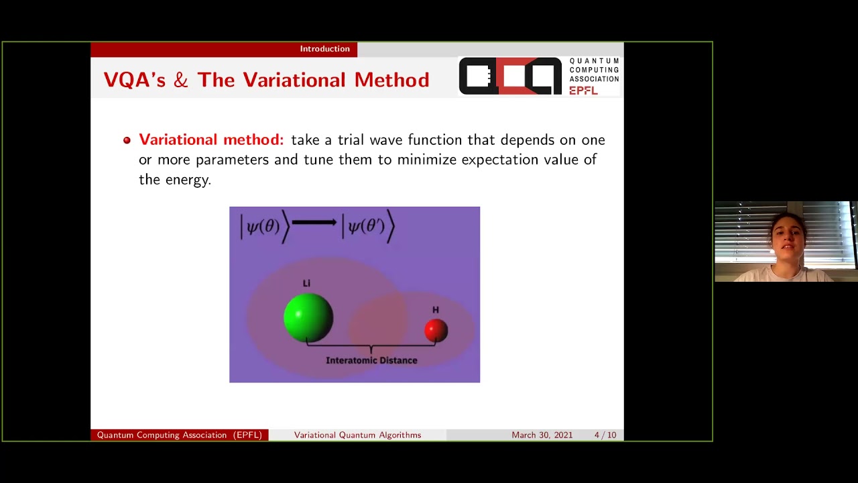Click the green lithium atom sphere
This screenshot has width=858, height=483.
(x=308, y=318)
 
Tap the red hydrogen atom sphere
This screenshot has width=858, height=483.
(x=436, y=330)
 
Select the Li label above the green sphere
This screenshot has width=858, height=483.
(x=306, y=283)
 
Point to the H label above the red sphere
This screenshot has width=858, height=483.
(x=436, y=310)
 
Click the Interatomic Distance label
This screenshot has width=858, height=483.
(x=371, y=360)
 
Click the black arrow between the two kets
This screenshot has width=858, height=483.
(x=314, y=222)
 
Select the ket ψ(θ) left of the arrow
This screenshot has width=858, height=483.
(x=265, y=227)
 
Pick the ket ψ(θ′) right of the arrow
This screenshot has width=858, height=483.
(x=368, y=227)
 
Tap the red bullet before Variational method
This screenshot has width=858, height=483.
(x=127, y=140)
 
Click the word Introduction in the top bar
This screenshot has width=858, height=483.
(x=325, y=49)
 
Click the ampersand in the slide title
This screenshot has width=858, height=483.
(x=181, y=80)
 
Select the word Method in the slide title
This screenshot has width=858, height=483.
(x=392, y=80)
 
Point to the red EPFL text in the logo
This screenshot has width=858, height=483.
(x=583, y=91)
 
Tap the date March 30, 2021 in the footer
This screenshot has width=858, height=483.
(x=542, y=435)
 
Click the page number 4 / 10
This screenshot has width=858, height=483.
(x=605, y=435)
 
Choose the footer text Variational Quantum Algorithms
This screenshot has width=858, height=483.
(x=357, y=435)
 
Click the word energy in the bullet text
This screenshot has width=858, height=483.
(x=188, y=180)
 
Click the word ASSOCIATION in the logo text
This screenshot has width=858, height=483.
(x=594, y=79)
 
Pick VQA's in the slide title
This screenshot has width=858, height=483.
(x=135, y=80)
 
